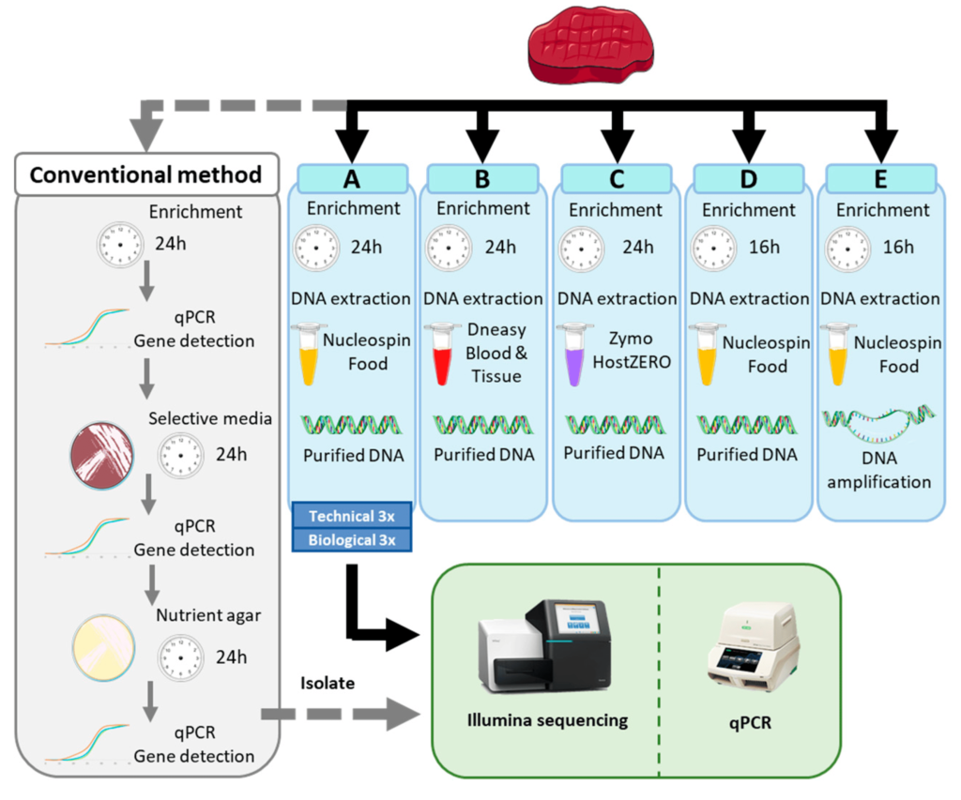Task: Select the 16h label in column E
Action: [x=898, y=248]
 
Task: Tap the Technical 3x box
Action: [x=352, y=515]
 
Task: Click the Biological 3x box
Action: [x=352, y=539]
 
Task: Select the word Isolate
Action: [x=328, y=684]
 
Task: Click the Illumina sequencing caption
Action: [x=548, y=720]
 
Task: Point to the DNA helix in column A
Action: [x=352, y=424]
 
